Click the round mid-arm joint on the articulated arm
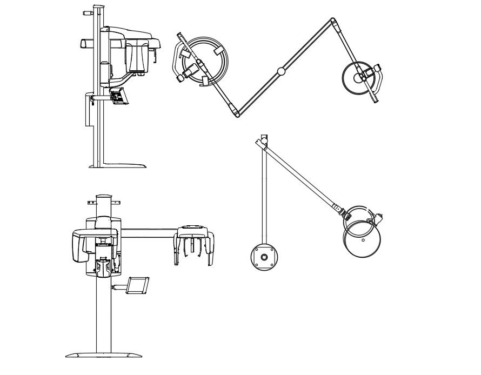coord(280,71)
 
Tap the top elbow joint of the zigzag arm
coord(333,23)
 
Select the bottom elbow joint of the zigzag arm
coord(236,113)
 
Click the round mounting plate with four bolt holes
coord(264,257)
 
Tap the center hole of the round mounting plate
coord(264,257)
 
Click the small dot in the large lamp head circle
coord(363,239)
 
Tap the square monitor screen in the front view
coord(137,285)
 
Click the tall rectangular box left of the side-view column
coord(88,111)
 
